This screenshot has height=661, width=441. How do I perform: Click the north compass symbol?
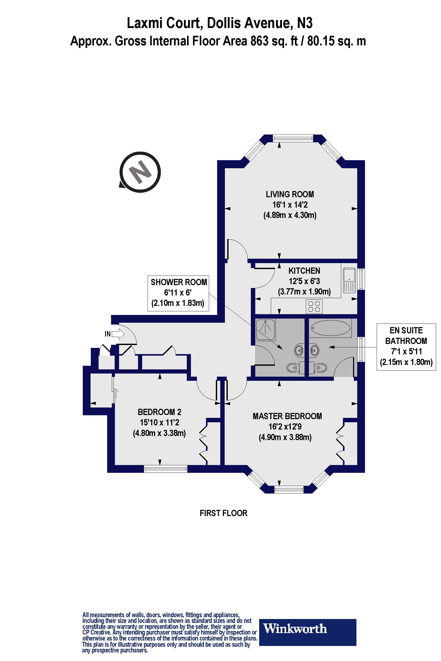tap(140, 172)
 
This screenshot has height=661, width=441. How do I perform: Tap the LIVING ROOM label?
tap(290, 194)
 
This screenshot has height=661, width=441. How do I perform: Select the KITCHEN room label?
tap(304, 271)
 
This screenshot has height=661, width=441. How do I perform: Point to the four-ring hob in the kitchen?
tap(314, 306)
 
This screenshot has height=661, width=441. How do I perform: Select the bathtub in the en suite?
tap(330, 328)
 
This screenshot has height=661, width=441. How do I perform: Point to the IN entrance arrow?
tap(118, 334)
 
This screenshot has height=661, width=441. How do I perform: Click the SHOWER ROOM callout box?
tap(178, 293)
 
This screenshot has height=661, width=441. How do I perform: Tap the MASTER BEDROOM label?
tap(287, 416)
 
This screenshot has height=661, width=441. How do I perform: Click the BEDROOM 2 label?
tap(160, 412)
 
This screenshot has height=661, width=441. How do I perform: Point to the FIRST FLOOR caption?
tap(224, 513)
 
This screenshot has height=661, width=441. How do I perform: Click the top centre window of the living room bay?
tap(293, 138)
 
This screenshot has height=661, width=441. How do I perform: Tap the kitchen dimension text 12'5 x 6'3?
tap(304, 281)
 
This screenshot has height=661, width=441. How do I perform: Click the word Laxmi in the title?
tap(145, 23)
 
